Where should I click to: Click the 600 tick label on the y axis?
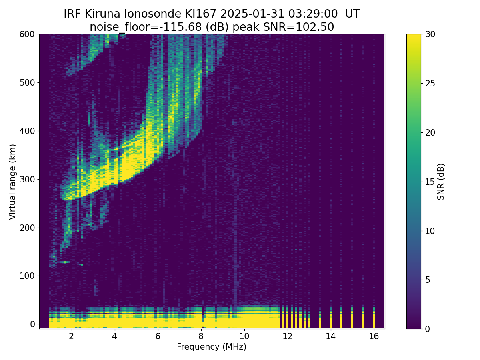point(27,34)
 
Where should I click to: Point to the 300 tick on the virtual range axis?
point(38,179)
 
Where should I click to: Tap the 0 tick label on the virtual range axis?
point(32,324)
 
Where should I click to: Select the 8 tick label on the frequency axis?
point(201,336)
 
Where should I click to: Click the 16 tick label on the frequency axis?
point(374,336)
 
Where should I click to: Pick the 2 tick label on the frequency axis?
point(71,336)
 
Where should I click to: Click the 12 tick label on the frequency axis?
point(287,336)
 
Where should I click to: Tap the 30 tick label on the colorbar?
point(430,34)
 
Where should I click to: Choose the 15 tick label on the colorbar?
point(430,182)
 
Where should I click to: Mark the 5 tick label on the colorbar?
point(428,280)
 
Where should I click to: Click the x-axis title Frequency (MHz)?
point(212,347)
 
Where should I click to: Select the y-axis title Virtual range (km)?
point(12,182)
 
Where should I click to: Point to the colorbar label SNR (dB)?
point(441,182)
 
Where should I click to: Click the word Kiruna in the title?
point(102,14)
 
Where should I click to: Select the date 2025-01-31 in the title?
point(252,14)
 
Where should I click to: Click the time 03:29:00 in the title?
point(313,14)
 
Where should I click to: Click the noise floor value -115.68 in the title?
point(182,27)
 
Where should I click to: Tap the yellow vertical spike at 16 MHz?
point(374,317)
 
